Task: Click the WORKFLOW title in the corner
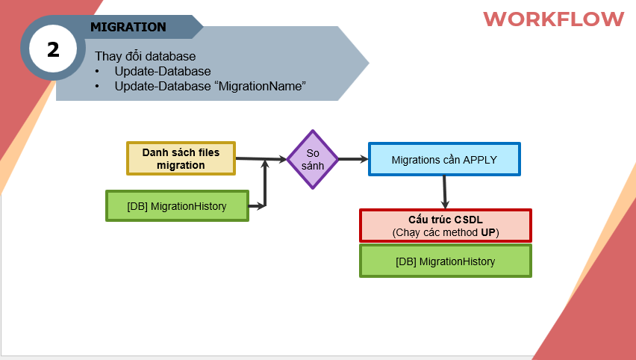[x=554, y=19]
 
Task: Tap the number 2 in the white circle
[x=53, y=49]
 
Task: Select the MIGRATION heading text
[x=128, y=27]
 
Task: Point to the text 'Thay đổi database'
[x=146, y=56]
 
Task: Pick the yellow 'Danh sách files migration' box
[x=181, y=158]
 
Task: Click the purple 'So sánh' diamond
[x=313, y=160]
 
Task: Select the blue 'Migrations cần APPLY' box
[x=444, y=159]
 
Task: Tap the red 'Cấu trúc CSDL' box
[x=446, y=226]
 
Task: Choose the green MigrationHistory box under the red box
[x=446, y=261]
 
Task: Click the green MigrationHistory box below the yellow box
[x=177, y=206]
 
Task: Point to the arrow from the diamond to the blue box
[x=353, y=159]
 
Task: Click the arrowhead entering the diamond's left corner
[x=282, y=159]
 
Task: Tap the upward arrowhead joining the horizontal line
[x=265, y=164]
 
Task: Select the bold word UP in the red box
[x=488, y=232]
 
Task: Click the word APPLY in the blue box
[x=480, y=160]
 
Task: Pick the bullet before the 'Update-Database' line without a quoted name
[x=97, y=72]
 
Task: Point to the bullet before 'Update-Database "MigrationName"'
[x=97, y=87]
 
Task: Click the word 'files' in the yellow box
[x=209, y=152]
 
